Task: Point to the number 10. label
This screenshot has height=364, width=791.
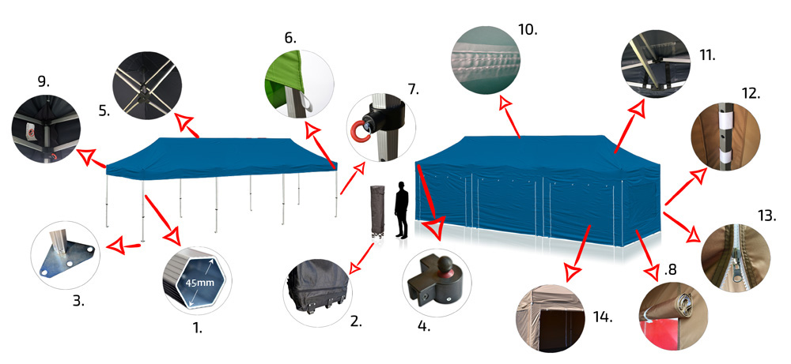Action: (x=528, y=30)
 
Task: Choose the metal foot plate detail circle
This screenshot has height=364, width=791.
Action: (x=66, y=255)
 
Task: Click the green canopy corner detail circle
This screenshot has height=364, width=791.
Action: (x=300, y=84)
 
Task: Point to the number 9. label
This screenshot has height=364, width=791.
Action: (x=44, y=81)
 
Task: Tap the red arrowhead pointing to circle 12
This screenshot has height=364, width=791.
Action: (x=698, y=177)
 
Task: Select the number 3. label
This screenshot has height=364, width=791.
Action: (x=78, y=302)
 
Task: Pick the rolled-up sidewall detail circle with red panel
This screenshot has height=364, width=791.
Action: (x=673, y=316)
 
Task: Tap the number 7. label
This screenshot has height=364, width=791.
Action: (x=414, y=90)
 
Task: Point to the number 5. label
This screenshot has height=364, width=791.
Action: (x=104, y=111)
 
